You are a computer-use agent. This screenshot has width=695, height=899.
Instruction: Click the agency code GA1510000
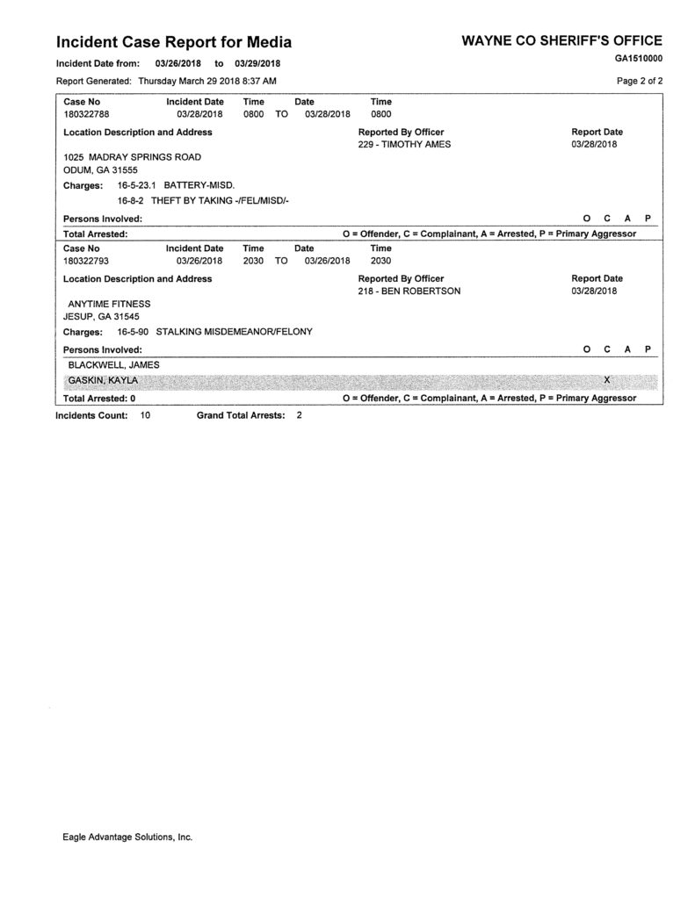point(639,59)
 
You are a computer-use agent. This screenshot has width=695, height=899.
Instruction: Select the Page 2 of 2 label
point(641,80)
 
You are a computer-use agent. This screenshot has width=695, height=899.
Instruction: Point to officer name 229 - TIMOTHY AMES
point(404,144)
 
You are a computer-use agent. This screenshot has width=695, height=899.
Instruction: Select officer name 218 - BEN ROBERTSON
point(409,291)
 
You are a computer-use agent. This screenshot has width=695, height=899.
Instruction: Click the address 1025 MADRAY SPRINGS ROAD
point(132,156)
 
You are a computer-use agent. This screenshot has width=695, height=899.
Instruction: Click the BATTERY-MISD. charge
point(199,186)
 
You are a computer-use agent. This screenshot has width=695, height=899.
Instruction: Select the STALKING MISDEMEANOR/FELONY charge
point(234,332)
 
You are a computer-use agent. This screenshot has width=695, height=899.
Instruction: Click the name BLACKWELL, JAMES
point(113,364)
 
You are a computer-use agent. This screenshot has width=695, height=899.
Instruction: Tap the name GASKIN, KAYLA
point(103,380)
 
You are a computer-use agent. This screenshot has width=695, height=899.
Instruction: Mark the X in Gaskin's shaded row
point(607,379)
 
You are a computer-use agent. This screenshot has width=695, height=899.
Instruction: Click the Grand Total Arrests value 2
point(299,414)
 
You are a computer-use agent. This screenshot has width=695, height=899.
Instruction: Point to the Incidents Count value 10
point(145,414)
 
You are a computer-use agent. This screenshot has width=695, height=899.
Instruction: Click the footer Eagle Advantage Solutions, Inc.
point(127,837)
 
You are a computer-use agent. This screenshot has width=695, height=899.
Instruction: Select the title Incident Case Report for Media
point(174,41)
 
